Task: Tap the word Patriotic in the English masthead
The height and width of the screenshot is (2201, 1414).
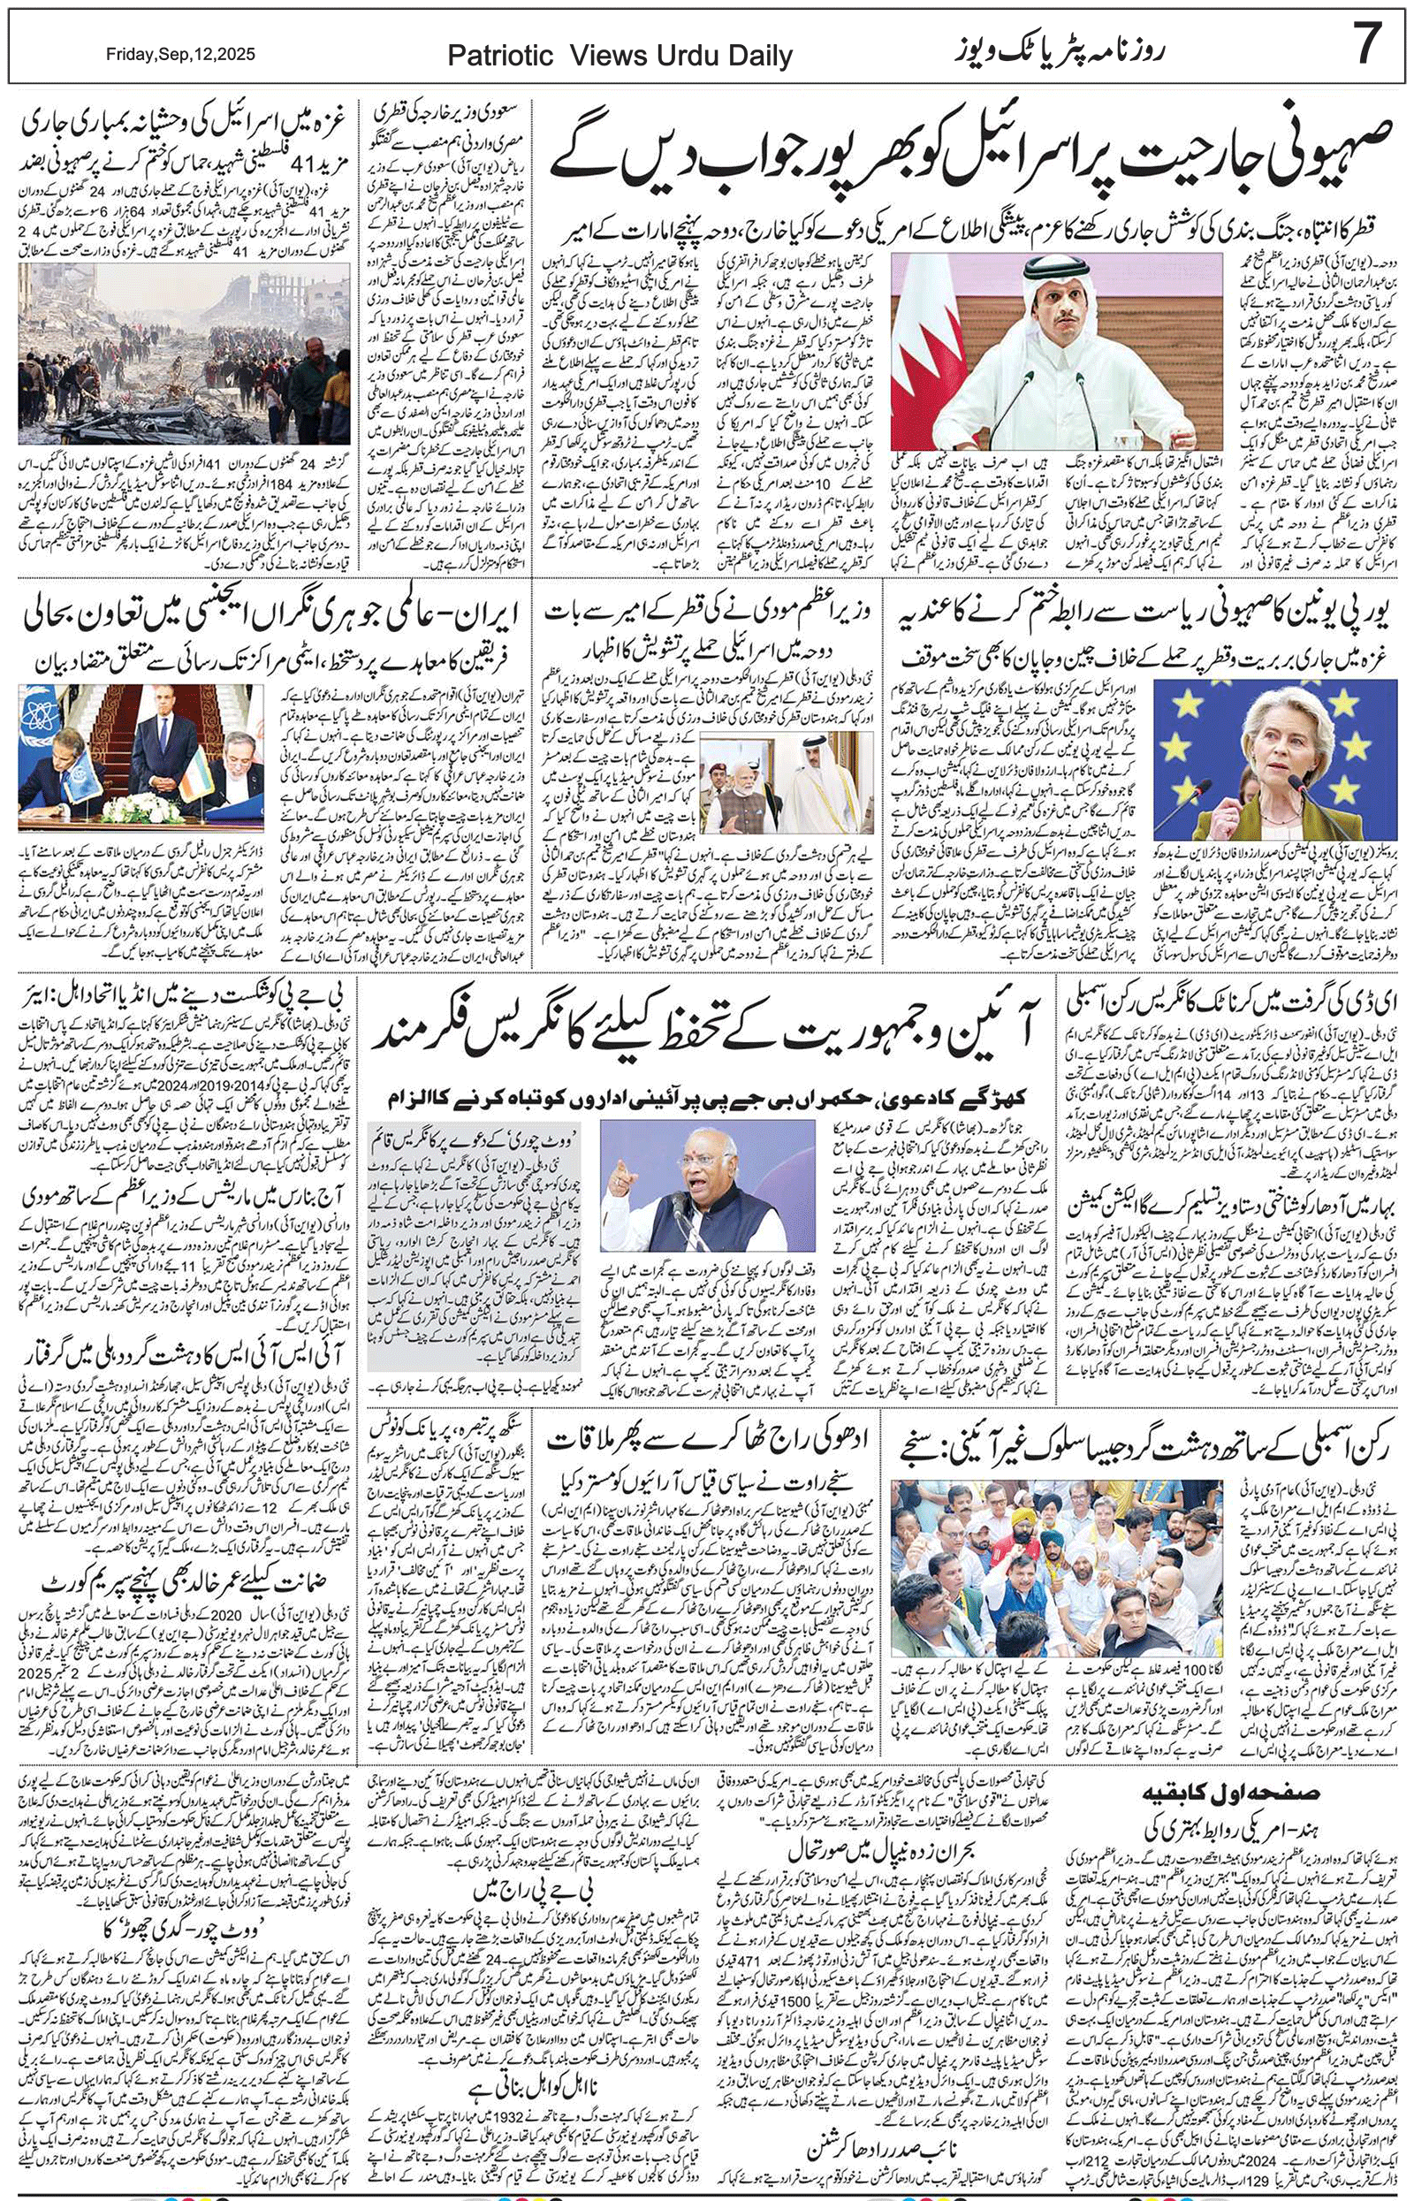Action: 499,57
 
